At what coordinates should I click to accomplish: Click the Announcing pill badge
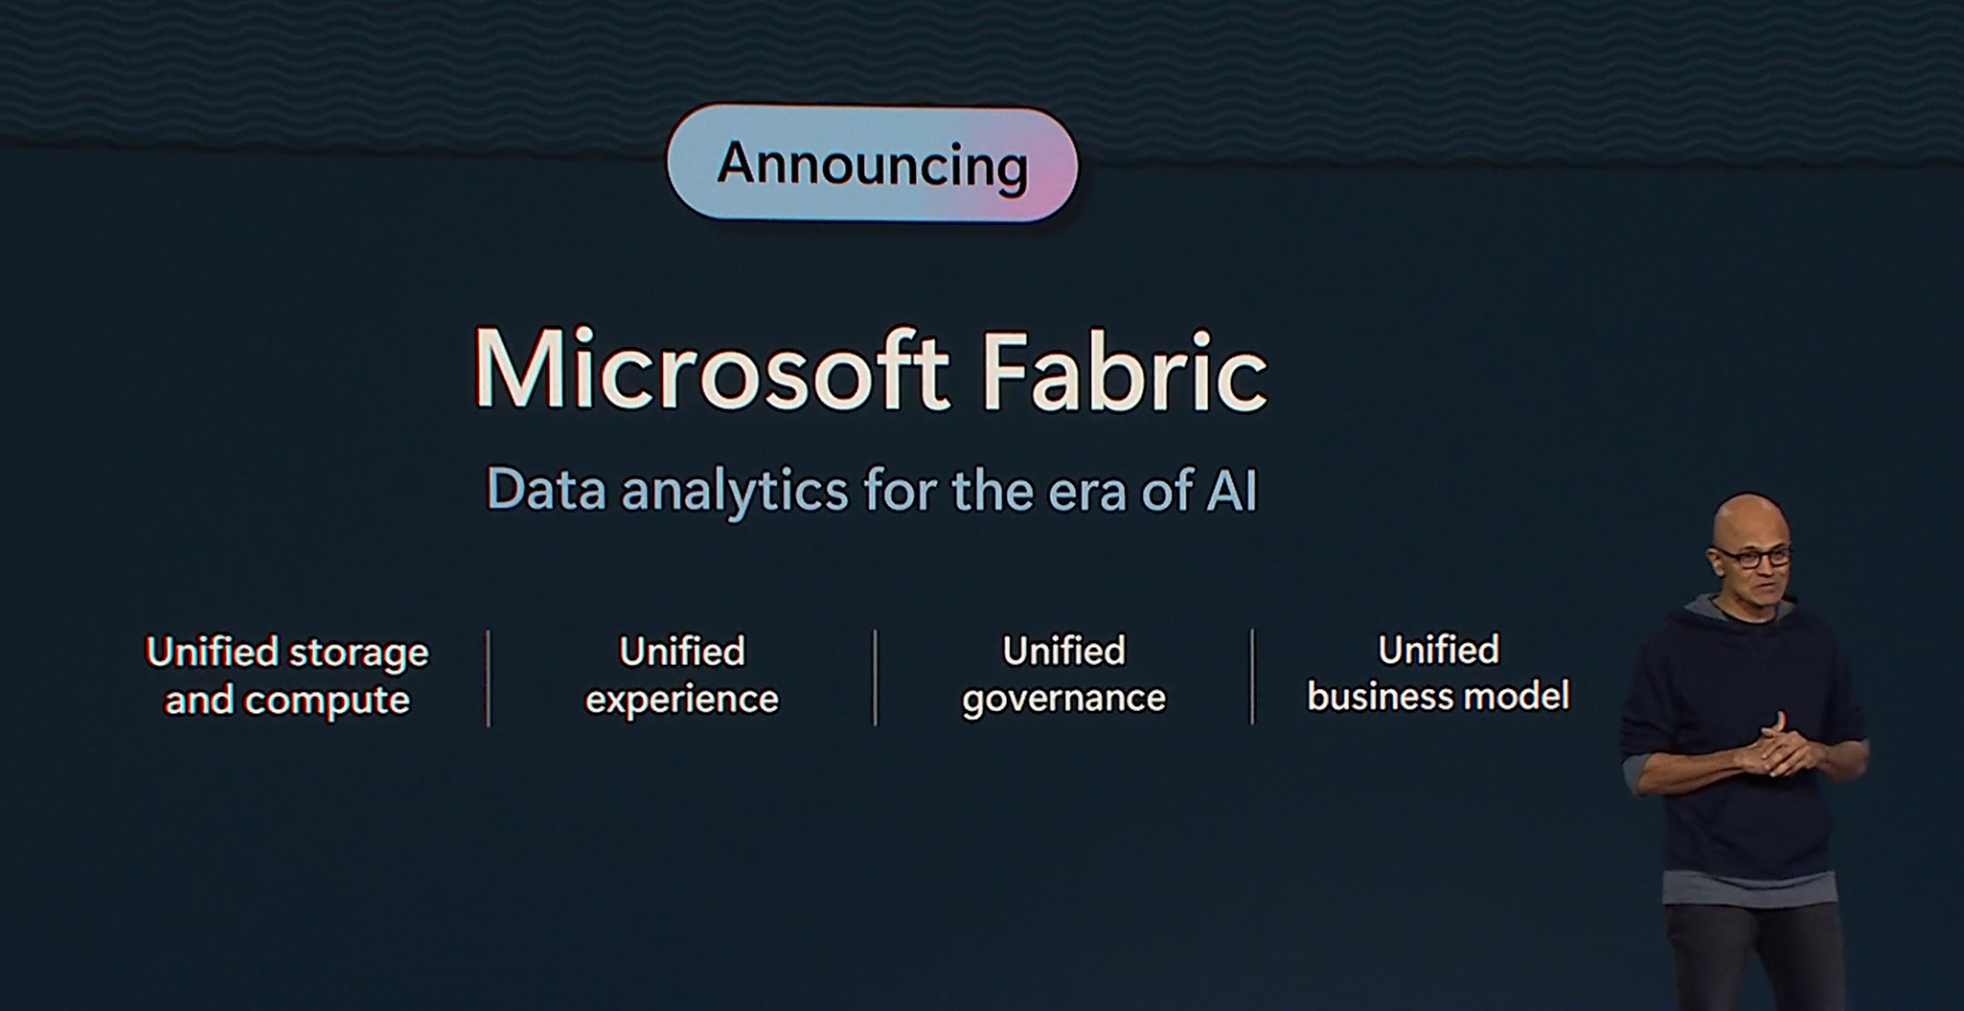point(872,164)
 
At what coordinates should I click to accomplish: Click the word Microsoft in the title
point(711,371)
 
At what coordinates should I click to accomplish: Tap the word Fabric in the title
point(1124,371)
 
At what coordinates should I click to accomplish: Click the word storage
point(358,655)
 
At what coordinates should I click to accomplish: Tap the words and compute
point(287,701)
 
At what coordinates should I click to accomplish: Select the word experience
point(682,700)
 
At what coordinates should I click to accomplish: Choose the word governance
point(1063,699)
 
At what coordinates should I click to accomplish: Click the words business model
point(1438,696)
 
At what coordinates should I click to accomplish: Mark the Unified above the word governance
point(1063,652)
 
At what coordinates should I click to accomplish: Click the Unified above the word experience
point(682,652)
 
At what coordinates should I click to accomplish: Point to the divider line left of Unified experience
point(489,678)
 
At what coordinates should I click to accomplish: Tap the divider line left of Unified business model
point(1252,677)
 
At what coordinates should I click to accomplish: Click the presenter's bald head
point(1749,522)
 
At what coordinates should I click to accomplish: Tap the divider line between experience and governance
point(875,678)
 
